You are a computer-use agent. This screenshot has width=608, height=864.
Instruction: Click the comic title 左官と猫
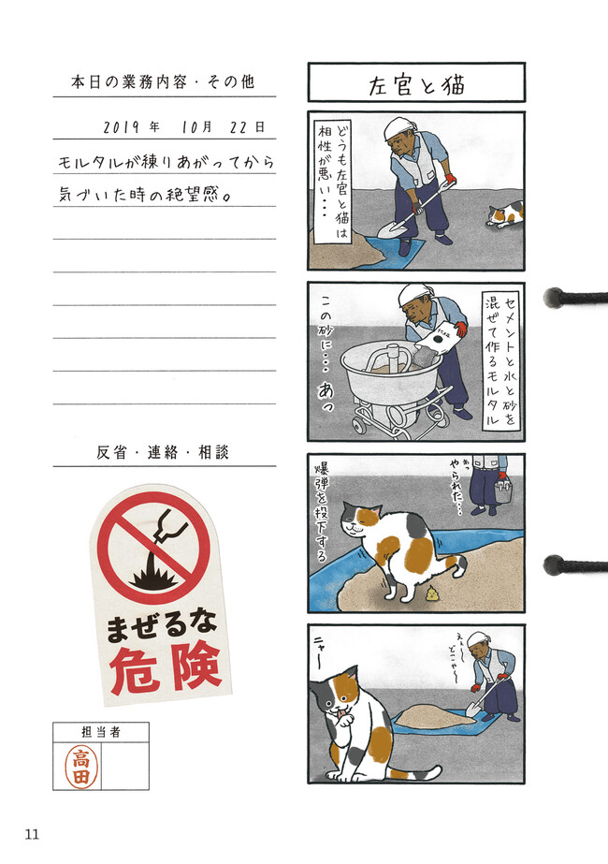point(416,85)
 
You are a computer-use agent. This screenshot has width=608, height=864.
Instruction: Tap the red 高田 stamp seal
point(80,766)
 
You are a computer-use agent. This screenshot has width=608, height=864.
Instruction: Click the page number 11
point(32,834)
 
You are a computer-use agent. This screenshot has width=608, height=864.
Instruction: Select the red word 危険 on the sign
point(166,669)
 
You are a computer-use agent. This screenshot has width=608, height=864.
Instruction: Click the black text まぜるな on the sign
point(161,626)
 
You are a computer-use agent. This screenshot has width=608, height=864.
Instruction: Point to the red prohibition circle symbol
point(153,548)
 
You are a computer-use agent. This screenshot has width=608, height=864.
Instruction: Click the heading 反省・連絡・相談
point(163,452)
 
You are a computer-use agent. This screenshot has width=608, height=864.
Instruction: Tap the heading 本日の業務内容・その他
point(163,82)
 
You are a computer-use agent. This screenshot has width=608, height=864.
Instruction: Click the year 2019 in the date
point(122,127)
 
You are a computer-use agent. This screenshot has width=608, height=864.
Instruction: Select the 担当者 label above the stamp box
point(101,732)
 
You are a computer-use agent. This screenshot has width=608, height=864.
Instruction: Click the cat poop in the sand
point(432,593)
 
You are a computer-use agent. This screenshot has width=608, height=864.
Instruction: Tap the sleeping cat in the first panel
point(504,213)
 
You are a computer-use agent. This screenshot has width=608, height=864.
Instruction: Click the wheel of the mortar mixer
point(355,425)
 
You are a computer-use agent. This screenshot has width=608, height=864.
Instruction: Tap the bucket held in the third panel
point(502,491)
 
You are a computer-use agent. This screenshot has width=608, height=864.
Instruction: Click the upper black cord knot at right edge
point(554,298)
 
